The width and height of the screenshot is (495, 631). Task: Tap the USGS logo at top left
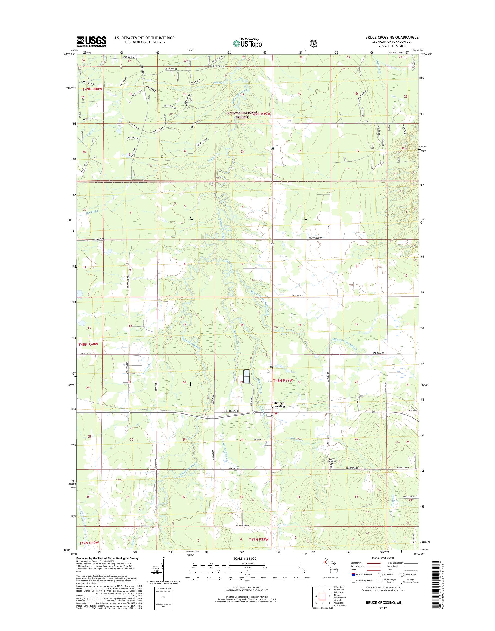click(91, 41)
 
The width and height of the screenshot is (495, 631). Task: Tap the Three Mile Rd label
click(315, 238)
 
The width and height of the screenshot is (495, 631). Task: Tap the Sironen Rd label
click(85, 354)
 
